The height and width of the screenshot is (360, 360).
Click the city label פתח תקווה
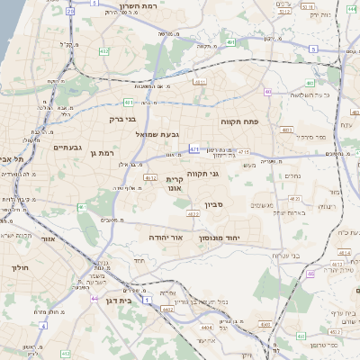pos(239,120)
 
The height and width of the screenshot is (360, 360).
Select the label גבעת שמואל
pos(154,134)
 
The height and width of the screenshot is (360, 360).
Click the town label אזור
pos(48,240)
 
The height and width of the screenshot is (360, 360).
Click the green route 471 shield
pos(194,150)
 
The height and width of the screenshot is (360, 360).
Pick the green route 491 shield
pos(230,41)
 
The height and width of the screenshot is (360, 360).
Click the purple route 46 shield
pos(267,92)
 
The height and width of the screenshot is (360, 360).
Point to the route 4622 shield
pos(193,214)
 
